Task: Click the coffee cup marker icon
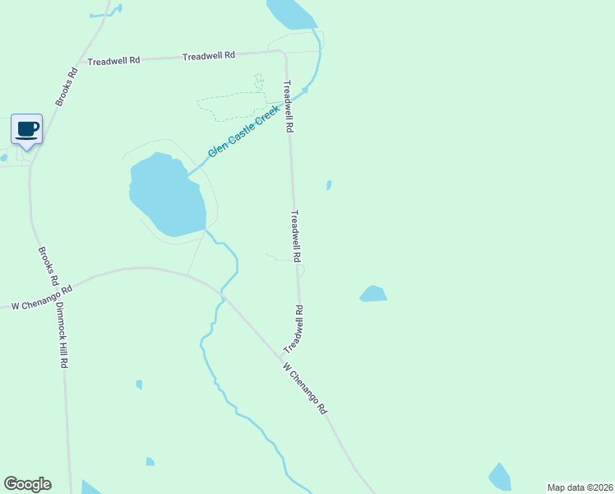point(27,129)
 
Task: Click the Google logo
point(27,484)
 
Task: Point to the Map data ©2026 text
point(580,487)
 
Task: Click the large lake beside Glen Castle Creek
point(166,196)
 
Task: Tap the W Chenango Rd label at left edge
point(42,298)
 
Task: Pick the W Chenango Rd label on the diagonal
point(305,389)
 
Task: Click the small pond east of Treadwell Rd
point(373,294)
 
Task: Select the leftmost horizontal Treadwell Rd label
point(114,61)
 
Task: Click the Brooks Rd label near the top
point(67,86)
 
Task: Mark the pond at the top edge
point(289,13)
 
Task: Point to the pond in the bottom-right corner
point(500,478)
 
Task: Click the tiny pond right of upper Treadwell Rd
point(329,185)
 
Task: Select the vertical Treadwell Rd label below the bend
point(288,107)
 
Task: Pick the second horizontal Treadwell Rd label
point(209,55)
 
